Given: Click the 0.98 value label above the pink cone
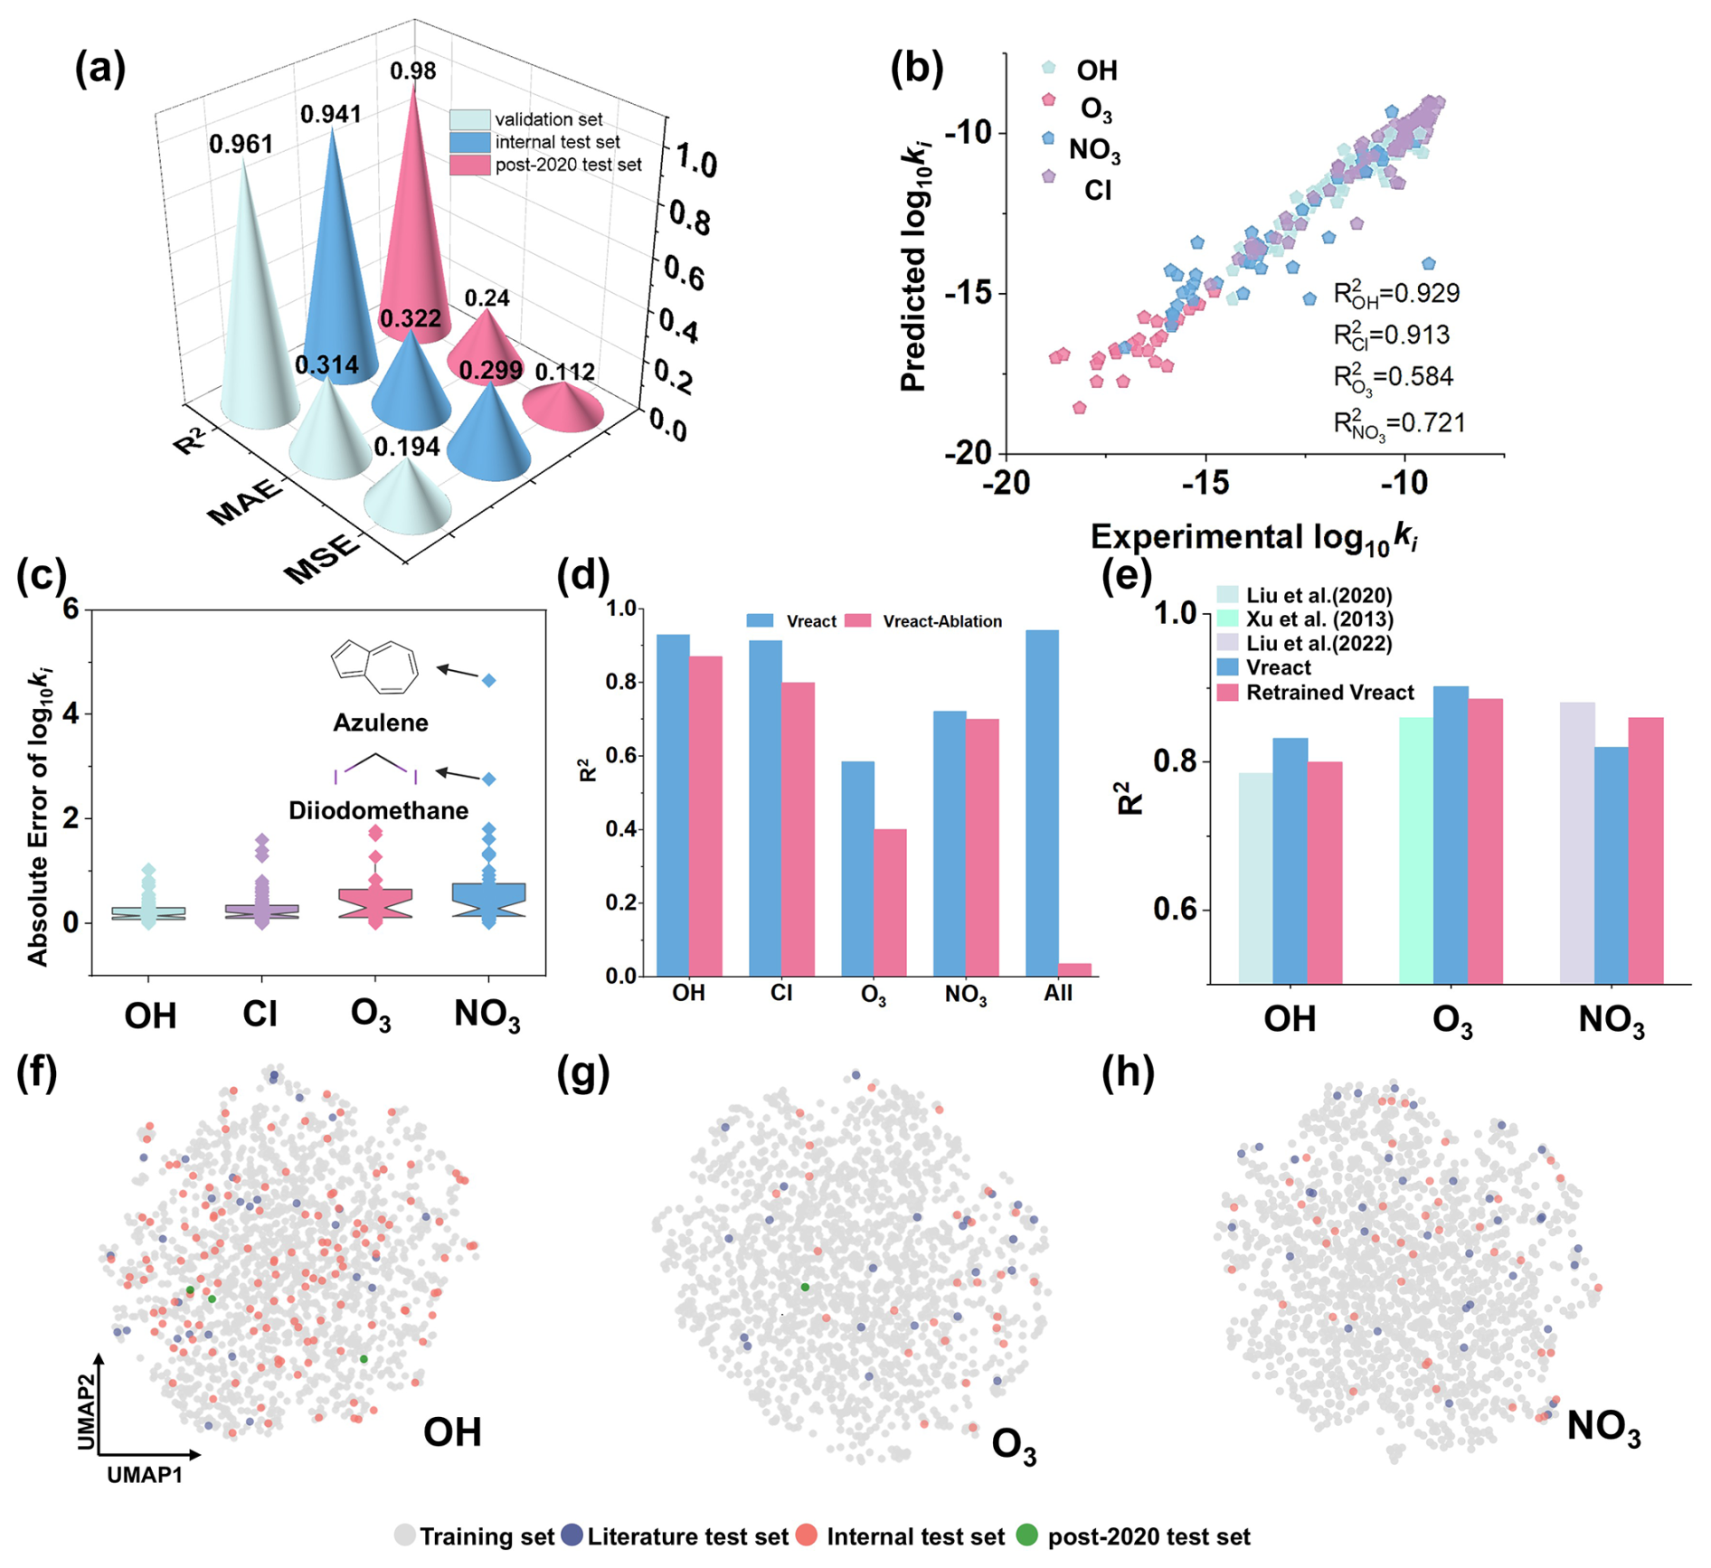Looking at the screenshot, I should coord(413,71).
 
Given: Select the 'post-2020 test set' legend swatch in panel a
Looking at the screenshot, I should coord(469,165).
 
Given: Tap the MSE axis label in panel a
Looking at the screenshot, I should coord(321,558).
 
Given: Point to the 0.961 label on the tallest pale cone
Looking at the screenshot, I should coord(241,144).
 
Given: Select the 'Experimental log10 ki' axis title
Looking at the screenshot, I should coord(1253,537).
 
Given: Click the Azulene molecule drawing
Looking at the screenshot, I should coord(375,666).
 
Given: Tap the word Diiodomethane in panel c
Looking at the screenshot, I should coord(378,810).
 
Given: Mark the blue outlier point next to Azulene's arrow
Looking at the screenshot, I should coord(488,681).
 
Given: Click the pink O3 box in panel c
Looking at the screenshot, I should coord(375,903).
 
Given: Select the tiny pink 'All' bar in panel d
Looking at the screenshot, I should coord(1074,969).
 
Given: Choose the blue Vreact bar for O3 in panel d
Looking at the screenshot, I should coord(857,868).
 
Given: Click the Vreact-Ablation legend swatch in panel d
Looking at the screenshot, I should coord(857,621).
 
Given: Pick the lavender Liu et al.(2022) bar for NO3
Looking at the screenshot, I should coord(1576,842).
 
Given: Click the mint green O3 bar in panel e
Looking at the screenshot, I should coord(1415,850).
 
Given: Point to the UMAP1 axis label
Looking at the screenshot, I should coord(145,1475).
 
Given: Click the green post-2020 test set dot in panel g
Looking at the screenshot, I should coord(805,1287).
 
